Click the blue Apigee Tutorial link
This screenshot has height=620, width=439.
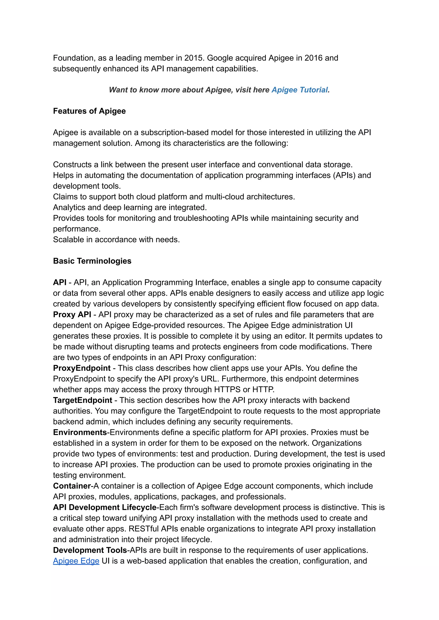coord(299,90)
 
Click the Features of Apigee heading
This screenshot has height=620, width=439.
coord(89,111)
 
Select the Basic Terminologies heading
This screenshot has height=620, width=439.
coord(92,261)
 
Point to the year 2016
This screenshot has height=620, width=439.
coord(313,58)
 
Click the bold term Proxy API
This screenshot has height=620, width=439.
coord(72,315)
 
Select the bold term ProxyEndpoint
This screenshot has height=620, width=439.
coord(82,368)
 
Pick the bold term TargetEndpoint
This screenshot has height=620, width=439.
coord(83,400)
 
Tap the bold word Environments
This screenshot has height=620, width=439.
coord(80,432)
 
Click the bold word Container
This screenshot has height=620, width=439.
coord(72,486)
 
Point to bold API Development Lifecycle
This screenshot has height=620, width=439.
coord(105,507)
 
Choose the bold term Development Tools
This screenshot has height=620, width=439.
coord(90,550)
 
